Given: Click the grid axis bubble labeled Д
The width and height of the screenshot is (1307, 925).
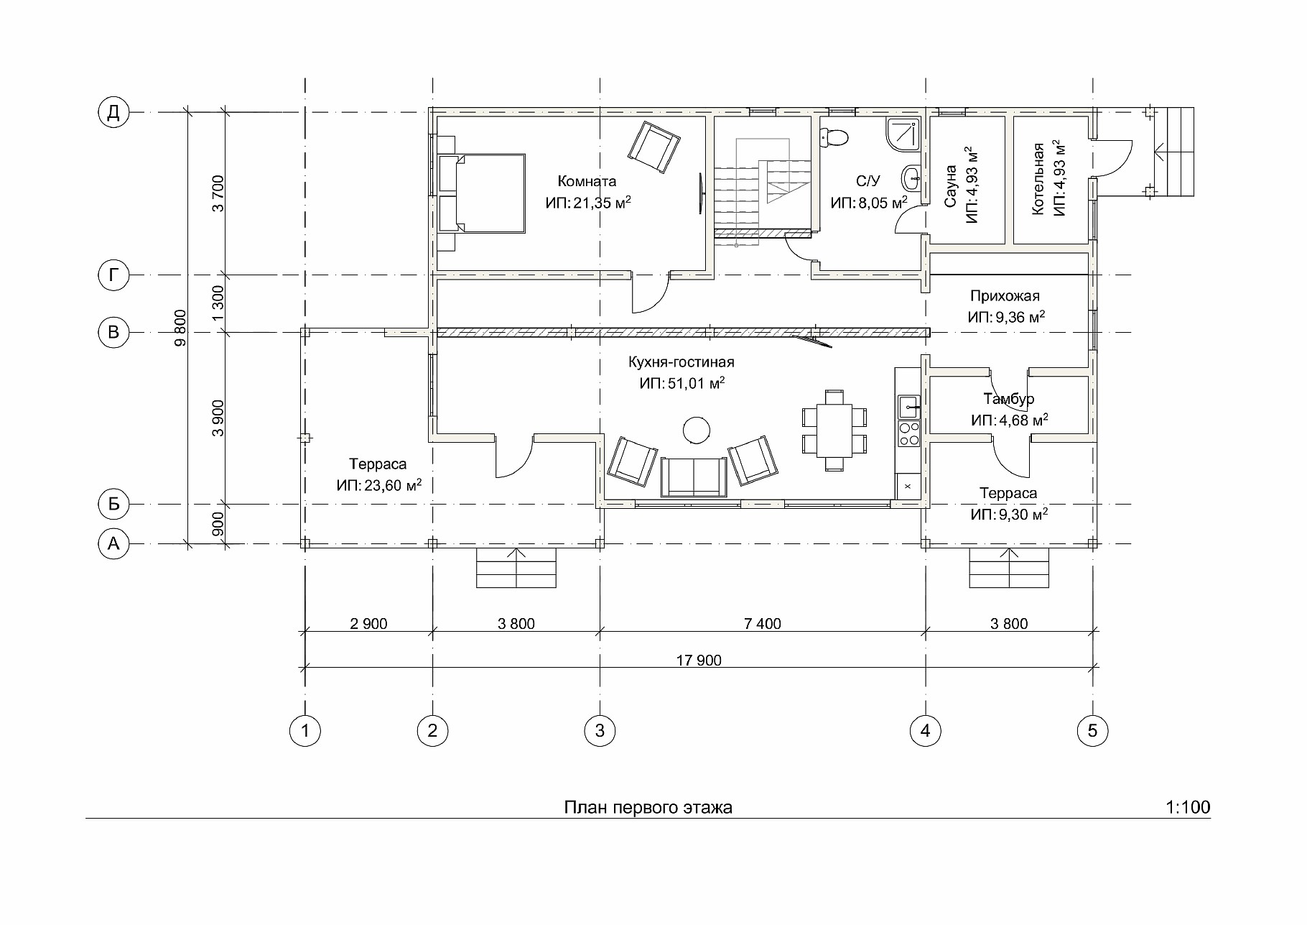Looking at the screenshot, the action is click(113, 112).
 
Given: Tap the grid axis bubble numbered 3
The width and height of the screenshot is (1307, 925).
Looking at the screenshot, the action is click(600, 731).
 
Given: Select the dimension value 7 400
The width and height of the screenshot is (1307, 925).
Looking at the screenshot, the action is click(763, 624).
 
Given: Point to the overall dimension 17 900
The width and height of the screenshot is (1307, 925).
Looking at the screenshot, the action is click(699, 661).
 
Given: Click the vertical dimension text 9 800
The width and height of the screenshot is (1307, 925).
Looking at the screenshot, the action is click(180, 328).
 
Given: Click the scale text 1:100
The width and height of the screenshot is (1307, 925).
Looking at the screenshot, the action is click(1189, 807).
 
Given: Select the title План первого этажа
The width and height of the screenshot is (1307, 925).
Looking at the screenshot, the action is click(648, 808).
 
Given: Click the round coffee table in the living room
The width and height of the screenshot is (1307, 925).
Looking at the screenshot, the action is click(697, 431).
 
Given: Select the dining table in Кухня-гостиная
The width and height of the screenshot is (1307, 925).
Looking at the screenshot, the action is click(834, 430).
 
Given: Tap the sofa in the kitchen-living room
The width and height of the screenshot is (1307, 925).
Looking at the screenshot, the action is click(694, 477).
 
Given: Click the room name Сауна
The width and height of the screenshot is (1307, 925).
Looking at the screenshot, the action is click(950, 186).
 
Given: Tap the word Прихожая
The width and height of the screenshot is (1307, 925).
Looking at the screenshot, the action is click(1005, 296).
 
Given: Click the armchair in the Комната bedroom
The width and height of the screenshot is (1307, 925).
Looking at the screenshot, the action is click(653, 147).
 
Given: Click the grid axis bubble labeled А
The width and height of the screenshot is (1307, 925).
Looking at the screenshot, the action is click(113, 544).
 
